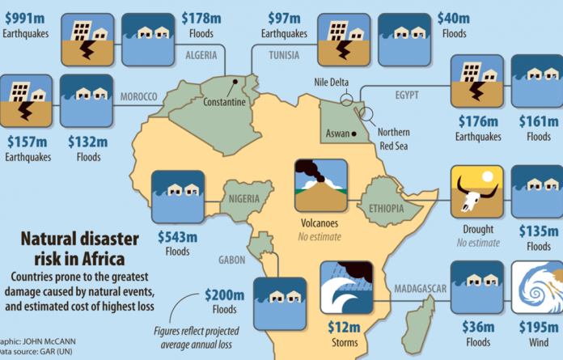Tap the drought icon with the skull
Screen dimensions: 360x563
[x=476, y=192]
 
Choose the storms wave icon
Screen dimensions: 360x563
[x=346, y=288]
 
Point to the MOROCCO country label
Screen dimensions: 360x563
[x=138, y=97]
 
